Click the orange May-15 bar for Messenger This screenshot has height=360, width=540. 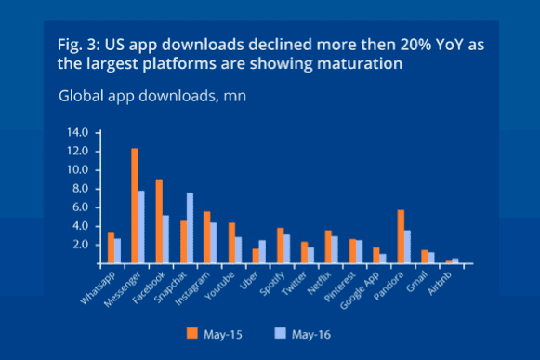coord(135,206)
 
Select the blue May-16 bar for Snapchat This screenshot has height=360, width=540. coord(190,228)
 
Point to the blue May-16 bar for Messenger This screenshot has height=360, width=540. coord(141,227)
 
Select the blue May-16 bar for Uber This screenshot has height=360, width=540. coord(262,251)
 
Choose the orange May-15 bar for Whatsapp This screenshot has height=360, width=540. coord(111,247)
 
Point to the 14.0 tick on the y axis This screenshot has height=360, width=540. coord(76,132)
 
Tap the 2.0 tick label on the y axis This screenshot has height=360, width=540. coord(78,244)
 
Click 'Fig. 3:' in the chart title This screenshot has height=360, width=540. coord(78,46)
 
